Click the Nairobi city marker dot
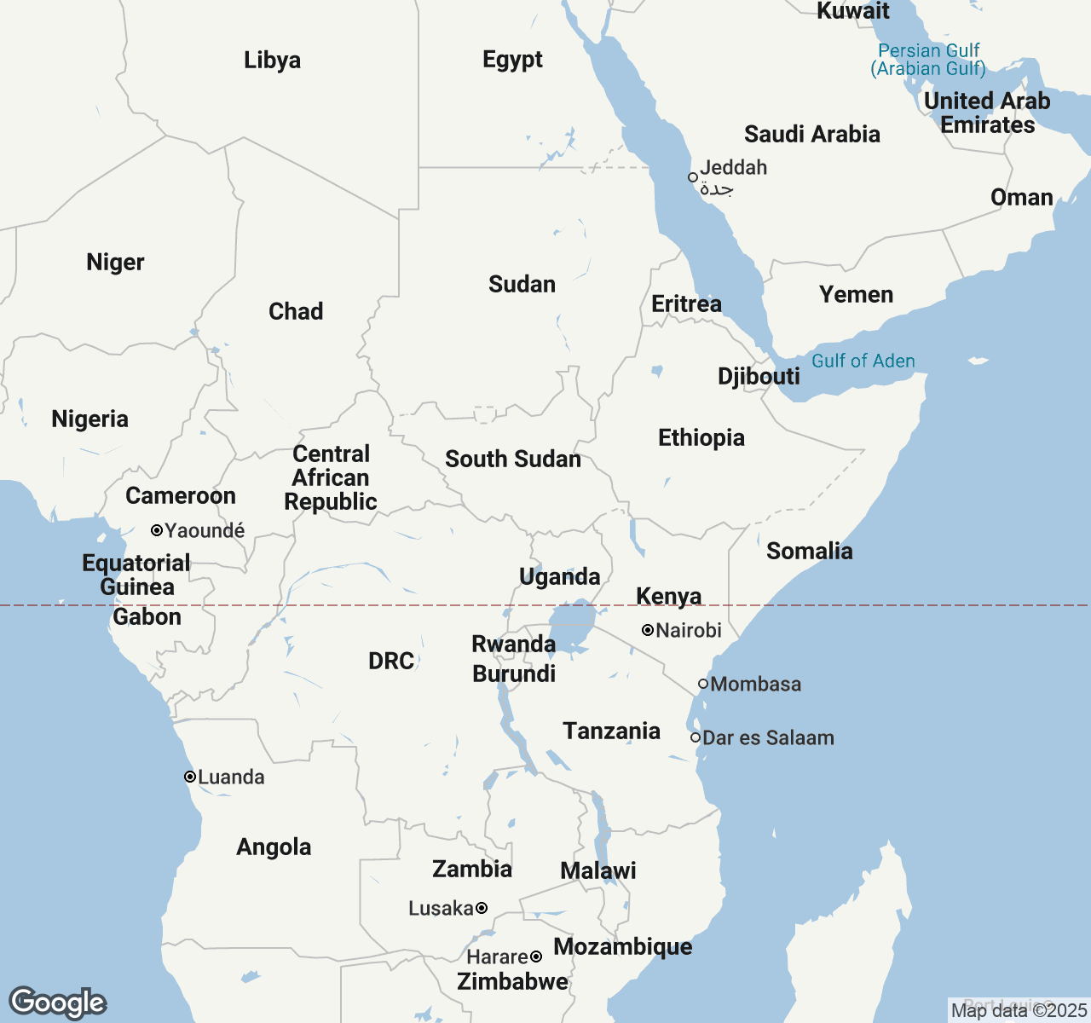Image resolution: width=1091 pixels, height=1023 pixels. tap(648, 630)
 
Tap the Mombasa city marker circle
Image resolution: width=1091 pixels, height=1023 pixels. tap(703, 684)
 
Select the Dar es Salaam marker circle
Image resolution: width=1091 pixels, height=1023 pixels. tap(696, 737)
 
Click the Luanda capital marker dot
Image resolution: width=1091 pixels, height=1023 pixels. tap(190, 777)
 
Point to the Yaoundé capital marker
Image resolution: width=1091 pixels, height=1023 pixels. tap(157, 530)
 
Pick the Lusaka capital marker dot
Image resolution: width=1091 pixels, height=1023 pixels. tap(482, 908)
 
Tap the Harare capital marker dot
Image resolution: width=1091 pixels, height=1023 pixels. tap(536, 957)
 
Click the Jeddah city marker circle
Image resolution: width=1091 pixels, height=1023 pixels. tap(693, 177)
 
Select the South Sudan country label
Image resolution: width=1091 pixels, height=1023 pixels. tap(513, 459)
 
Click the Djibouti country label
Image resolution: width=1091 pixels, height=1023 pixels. tap(759, 376)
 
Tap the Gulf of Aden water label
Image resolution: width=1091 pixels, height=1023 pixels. tap(863, 361)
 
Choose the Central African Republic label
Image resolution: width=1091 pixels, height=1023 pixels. tap(331, 477)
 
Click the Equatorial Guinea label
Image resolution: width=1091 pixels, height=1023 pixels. tap(136, 575)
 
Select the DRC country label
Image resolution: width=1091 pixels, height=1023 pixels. tap(391, 661)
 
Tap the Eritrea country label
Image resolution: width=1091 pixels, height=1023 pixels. tap(686, 303)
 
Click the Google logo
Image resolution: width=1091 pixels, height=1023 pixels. tap(57, 1003)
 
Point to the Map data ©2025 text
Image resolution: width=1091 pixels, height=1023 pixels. tap(1019, 1010)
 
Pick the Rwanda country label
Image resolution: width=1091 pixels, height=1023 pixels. tap(513, 644)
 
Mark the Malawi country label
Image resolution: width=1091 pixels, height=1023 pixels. tap(598, 870)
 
